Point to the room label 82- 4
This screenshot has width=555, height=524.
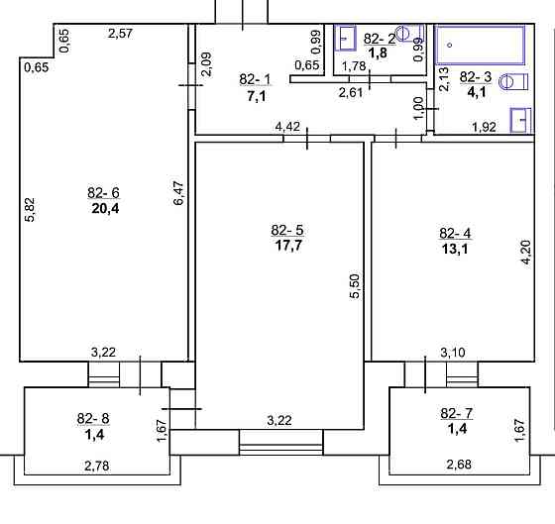click(455, 234)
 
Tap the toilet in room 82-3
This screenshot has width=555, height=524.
click(510, 82)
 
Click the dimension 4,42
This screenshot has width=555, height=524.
click(287, 126)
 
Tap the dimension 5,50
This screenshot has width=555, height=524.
click(354, 287)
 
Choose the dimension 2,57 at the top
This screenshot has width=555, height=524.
click(121, 35)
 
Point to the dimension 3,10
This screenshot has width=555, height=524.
click(452, 351)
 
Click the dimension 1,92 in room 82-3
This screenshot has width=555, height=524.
click(483, 126)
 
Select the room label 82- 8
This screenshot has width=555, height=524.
click(92, 418)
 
